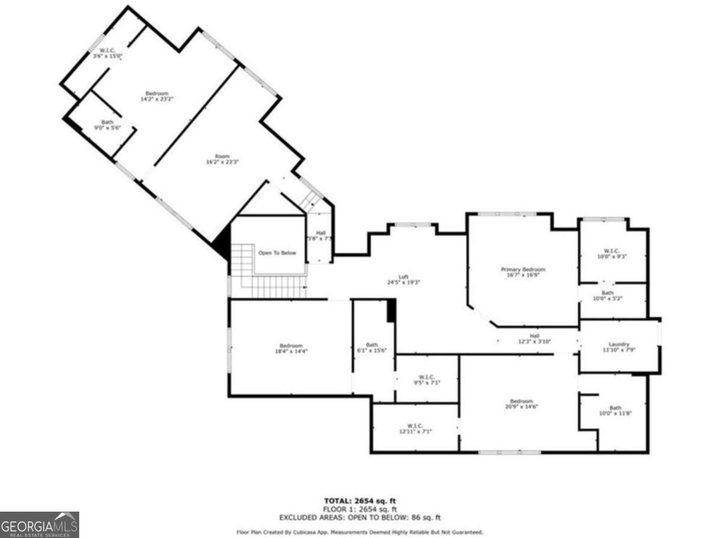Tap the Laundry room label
pyautogui.click(x=619, y=347)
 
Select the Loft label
pyautogui.click(x=404, y=279)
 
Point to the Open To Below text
pyautogui.click(x=277, y=253)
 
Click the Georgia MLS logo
pyautogui.click(x=40, y=525)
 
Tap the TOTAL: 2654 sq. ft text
pyautogui.click(x=360, y=501)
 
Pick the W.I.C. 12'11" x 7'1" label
pyautogui.click(x=415, y=428)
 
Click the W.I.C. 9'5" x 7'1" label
pyautogui.click(x=426, y=380)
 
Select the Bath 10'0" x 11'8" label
pyautogui.click(x=616, y=410)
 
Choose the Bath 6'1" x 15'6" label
pyautogui.click(x=373, y=348)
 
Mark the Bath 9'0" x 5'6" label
pyautogui.click(x=107, y=125)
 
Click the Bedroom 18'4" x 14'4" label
pyautogui.click(x=291, y=348)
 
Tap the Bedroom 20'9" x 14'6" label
pyautogui.click(x=521, y=404)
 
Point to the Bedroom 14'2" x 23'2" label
pyautogui.click(x=157, y=96)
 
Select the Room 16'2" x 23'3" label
pyautogui.click(x=223, y=159)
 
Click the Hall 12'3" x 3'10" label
pyautogui.click(x=534, y=339)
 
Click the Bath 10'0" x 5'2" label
pyautogui.click(x=608, y=296)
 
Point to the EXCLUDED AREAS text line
pyautogui.click(x=360, y=517)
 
